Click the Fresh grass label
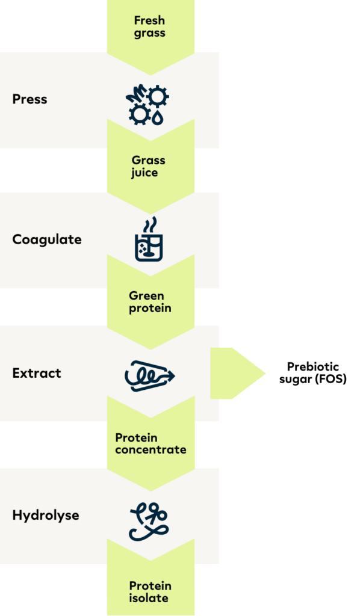coord(149,26)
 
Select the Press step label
coord(30,99)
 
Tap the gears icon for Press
coord(147,105)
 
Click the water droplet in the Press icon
coord(158,117)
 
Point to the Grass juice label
coord(148,167)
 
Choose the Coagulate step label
coord(47,239)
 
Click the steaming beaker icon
coord(149,239)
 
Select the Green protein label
coord(150,302)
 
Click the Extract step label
coord(37,373)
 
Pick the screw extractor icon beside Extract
coord(150,376)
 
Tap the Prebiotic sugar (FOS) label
coord(313,373)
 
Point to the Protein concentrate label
coord(151,443)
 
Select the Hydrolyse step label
coord(46,515)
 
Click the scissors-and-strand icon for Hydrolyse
coord(149,521)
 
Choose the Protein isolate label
coord(150,592)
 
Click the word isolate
coord(149,598)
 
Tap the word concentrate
coord(151,449)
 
